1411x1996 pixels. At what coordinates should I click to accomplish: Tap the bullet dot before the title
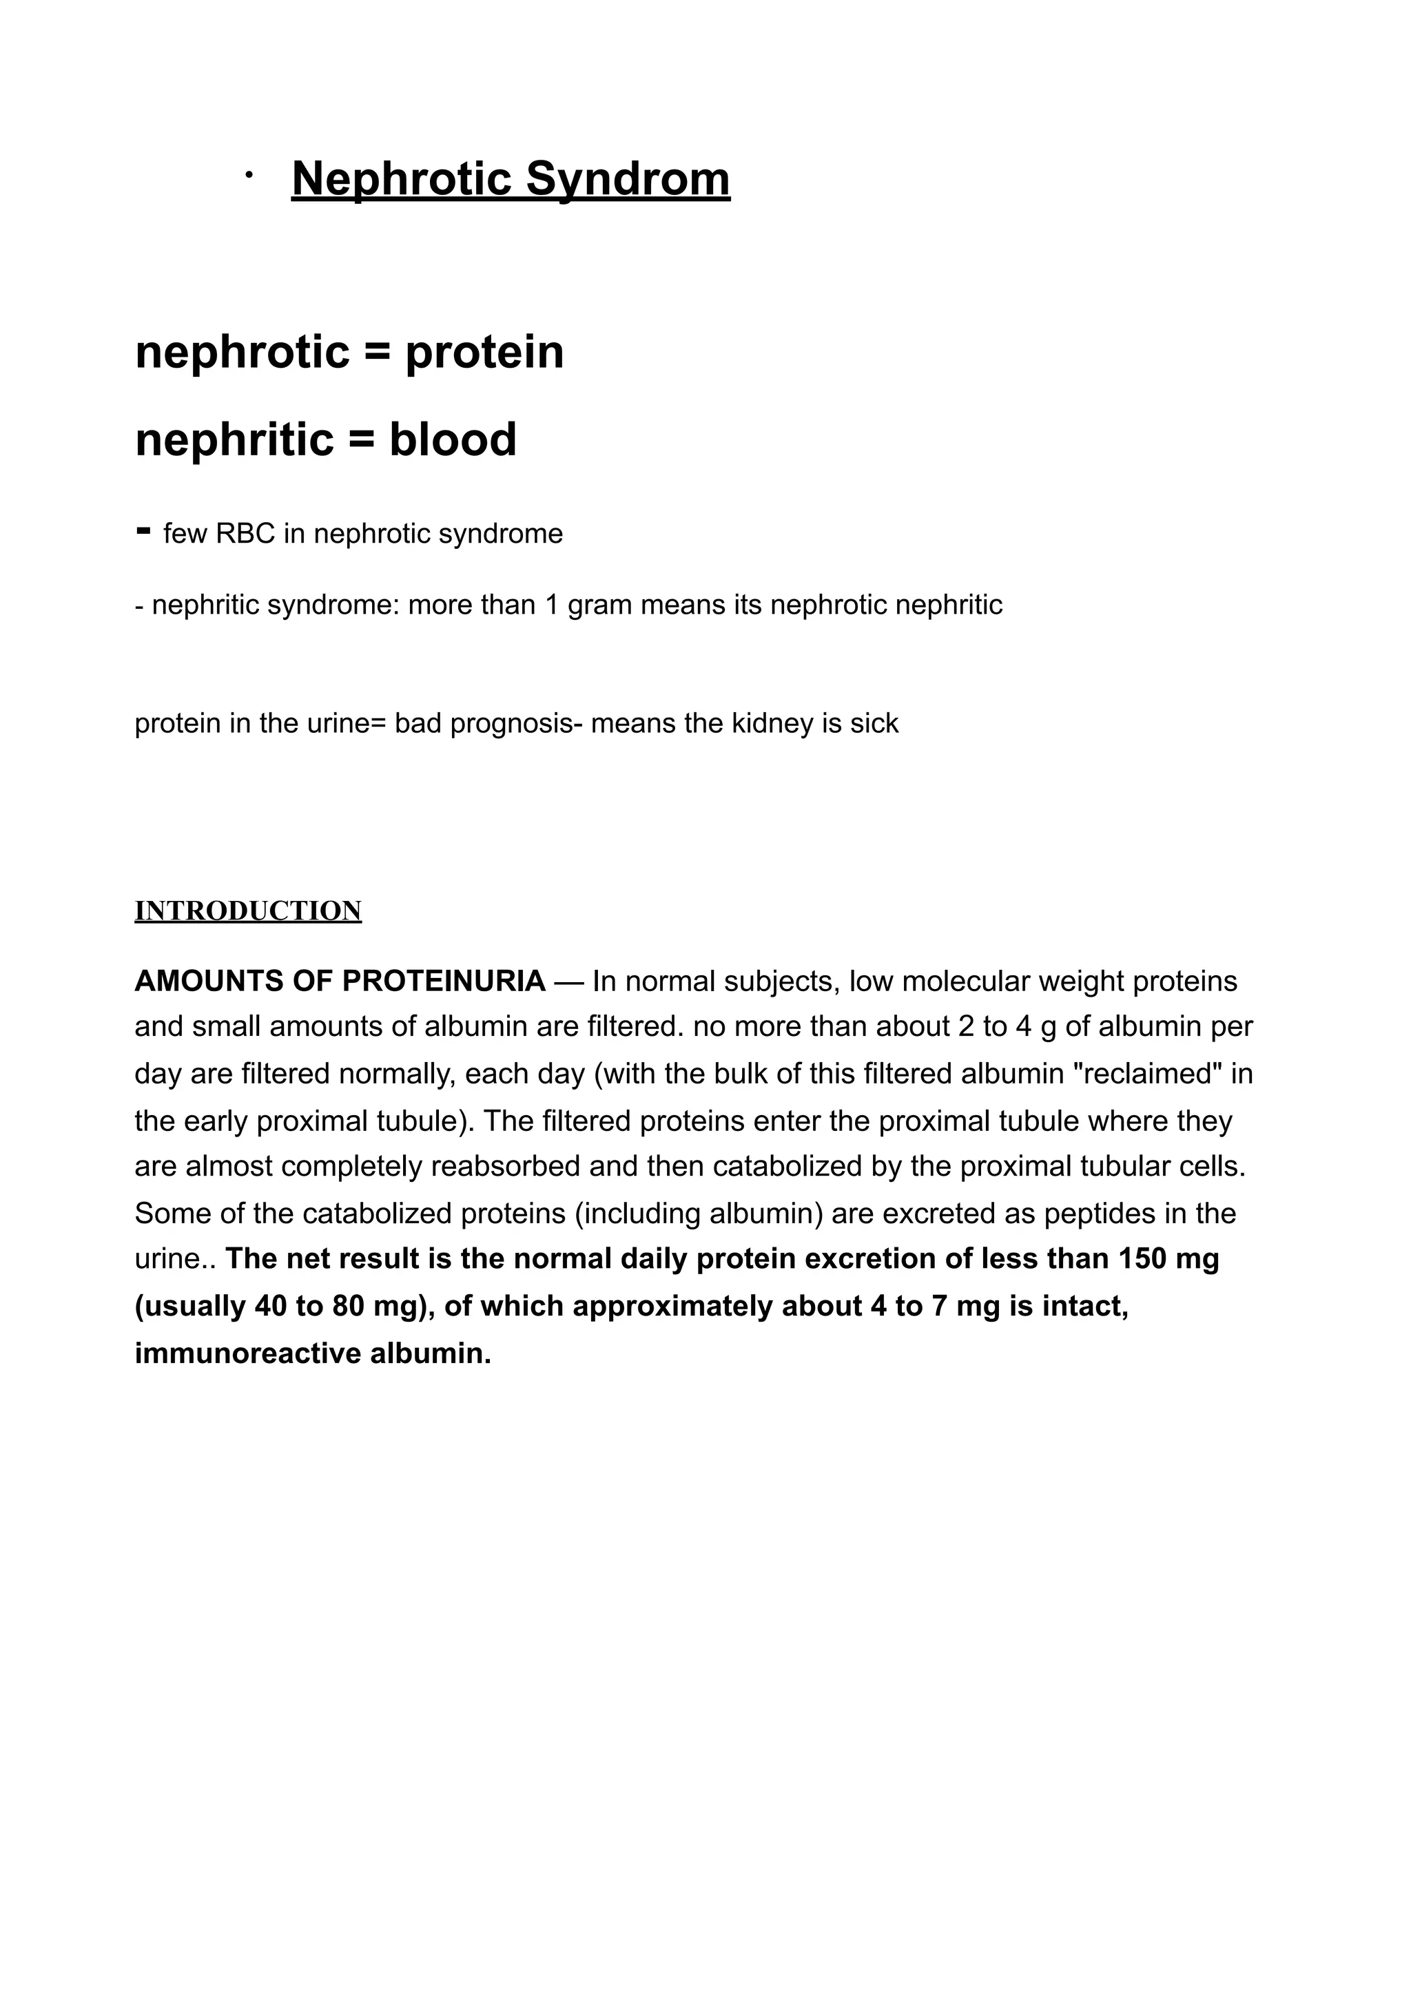[249, 176]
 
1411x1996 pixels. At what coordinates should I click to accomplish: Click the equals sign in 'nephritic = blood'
[361, 441]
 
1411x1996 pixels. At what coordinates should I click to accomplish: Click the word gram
[600, 604]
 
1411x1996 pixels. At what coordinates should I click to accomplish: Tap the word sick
[874, 723]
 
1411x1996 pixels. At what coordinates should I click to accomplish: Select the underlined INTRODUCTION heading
[248, 911]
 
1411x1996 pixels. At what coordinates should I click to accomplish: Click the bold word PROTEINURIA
[444, 981]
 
